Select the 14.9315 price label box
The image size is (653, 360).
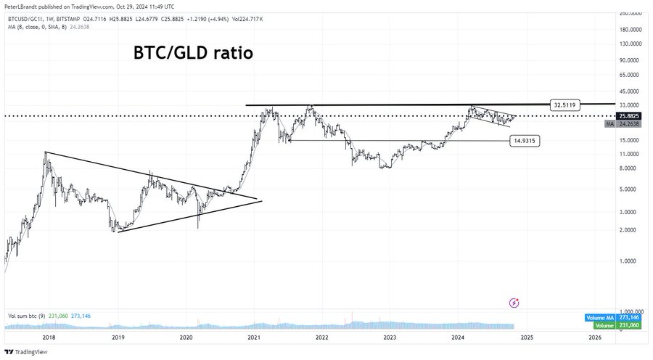pyautogui.click(x=525, y=140)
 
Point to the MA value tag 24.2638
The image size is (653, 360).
pyautogui.click(x=628, y=124)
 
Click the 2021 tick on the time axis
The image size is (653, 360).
pyautogui.click(x=254, y=337)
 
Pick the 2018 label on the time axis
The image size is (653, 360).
pyautogui.click(x=49, y=337)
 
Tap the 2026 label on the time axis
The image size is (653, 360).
pyautogui.click(x=594, y=337)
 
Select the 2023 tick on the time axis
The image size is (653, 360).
pyautogui.click(x=390, y=337)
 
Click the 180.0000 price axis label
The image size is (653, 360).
pyautogui.click(x=631, y=30)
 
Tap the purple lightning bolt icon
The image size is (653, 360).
pyautogui.click(x=514, y=302)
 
